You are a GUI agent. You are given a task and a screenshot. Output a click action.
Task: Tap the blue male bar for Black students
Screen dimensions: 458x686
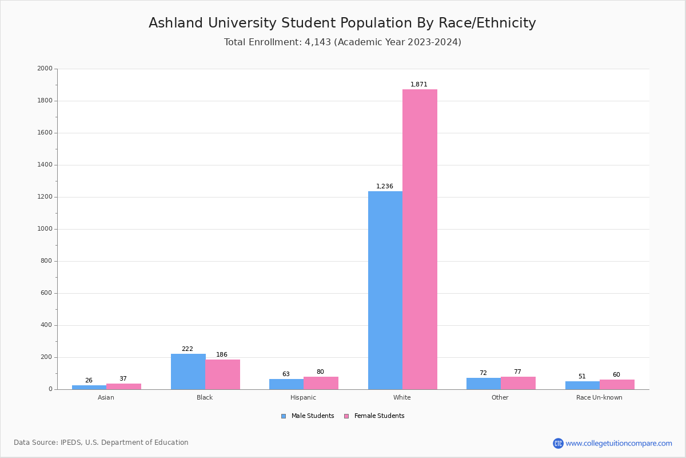[188, 372]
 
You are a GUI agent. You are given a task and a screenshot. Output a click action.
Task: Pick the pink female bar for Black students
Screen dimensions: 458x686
[223, 374]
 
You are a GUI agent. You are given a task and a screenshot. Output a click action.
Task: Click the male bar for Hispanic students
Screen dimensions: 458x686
[286, 384]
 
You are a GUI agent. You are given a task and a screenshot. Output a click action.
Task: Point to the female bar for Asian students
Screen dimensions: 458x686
[123, 386]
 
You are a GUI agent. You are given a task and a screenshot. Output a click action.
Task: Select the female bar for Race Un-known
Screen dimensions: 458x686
[617, 384]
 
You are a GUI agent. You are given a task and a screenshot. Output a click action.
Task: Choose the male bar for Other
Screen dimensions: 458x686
[484, 384]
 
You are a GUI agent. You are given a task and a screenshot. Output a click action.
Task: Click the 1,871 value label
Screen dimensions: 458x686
[419, 84]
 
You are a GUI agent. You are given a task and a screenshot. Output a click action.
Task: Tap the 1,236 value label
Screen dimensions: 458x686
[385, 186]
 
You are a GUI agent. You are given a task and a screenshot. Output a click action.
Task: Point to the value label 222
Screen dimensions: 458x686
[188, 349]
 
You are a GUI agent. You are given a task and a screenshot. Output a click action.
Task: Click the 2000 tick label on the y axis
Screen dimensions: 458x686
[45, 69]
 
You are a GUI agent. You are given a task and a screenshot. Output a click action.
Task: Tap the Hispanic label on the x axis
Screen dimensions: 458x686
[303, 397]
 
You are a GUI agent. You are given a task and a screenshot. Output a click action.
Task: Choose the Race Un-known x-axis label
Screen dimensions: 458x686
[599, 397]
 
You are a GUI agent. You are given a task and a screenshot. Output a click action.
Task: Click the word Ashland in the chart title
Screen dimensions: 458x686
[175, 23]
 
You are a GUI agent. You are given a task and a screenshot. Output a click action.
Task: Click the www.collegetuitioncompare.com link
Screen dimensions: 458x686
[619, 443]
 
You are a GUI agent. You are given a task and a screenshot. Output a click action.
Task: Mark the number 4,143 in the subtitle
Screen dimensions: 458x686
[318, 42]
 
